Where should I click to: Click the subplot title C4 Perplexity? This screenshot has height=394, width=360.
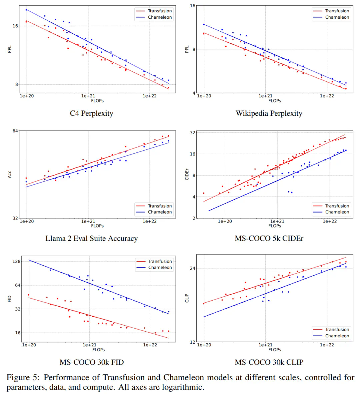tap(91, 113)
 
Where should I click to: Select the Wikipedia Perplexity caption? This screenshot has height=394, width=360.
tap(269, 113)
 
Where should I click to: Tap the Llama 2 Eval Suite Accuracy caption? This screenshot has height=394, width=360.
tap(91, 239)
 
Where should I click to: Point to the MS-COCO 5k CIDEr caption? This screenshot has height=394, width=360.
tap(269, 239)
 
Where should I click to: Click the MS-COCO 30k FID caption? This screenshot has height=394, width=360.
tap(91, 362)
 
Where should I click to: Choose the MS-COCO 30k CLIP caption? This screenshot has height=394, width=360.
tap(269, 362)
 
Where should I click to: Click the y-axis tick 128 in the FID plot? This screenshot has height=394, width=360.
tap(17, 261)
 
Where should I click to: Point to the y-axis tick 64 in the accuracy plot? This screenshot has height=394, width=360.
tap(15, 130)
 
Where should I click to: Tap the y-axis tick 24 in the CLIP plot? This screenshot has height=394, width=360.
tap(193, 268)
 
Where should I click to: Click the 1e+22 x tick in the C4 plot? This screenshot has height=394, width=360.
tap(150, 96)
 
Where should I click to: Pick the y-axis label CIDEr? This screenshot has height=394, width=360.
tap(187, 174)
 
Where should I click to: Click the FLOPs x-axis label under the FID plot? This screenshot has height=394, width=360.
tap(98, 350)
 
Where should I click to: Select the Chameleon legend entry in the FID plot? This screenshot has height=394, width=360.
tap(160, 268)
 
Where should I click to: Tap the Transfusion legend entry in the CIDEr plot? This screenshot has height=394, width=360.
tap(337, 206)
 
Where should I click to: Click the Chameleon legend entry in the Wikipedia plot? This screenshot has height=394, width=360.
tap(337, 17)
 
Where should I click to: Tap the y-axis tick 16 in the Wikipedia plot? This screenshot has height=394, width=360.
tap(193, 6)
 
